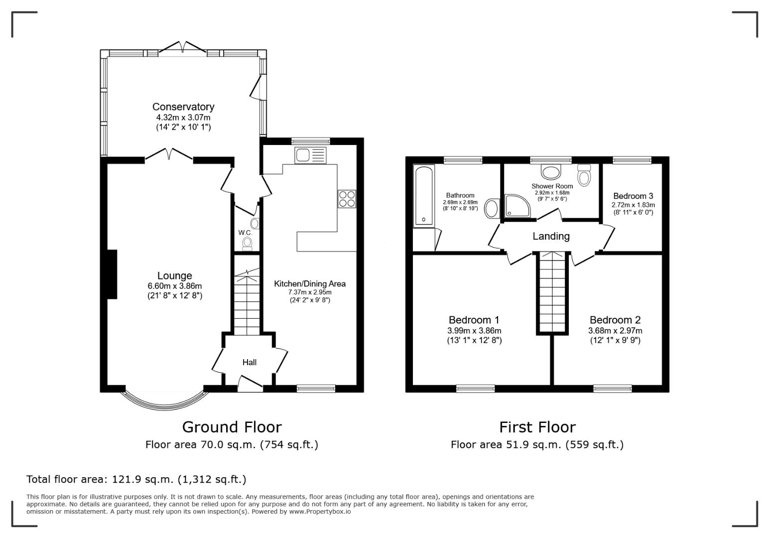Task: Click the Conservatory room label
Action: [x=183, y=107]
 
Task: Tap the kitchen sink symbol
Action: [x=310, y=155]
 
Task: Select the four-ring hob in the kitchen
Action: [x=347, y=199]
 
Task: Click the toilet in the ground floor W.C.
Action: [x=247, y=243]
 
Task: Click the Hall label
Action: [x=250, y=362]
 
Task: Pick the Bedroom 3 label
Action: [x=633, y=196]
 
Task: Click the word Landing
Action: [x=551, y=237]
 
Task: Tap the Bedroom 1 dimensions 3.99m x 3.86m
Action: [x=474, y=331]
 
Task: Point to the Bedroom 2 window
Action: [x=612, y=388]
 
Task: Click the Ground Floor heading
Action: [x=232, y=427]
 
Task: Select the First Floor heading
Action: [x=537, y=427]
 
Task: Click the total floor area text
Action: [x=136, y=479]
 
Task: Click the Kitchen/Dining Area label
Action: [x=310, y=283]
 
